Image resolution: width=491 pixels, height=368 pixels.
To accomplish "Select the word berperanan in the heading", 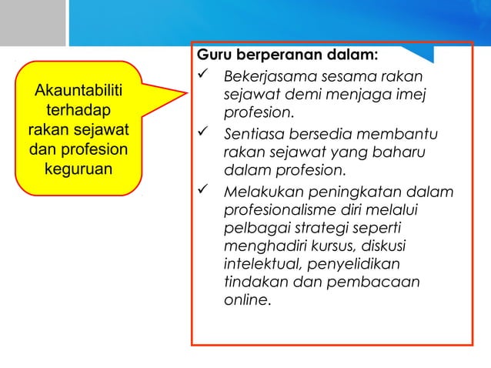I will coord(281,55).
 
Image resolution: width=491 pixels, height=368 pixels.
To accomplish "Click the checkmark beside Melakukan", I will coord(204,191).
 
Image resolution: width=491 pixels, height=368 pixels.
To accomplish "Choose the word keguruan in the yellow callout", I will coord(78,166).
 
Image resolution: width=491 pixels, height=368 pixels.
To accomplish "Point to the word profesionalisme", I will coord(278,209).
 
